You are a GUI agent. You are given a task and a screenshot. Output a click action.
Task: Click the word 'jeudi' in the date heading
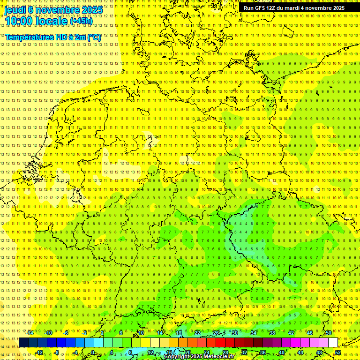(x=15, y=9)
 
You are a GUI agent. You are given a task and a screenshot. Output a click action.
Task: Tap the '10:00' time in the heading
(x=18, y=21)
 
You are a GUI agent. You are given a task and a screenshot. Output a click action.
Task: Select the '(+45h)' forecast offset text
(x=81, y=21)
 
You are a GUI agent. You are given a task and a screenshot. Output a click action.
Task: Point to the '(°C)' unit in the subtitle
(x=93, y=37)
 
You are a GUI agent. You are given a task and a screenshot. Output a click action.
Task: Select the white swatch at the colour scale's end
(x=333, y=342)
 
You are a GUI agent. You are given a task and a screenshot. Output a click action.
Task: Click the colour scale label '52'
(x=338, y=352)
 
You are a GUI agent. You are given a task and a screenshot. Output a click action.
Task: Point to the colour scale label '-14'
(x=30, y=333)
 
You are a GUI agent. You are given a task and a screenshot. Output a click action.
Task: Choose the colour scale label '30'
(x=234, y=333)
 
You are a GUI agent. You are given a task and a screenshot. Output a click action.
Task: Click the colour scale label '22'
(x=197, y=333)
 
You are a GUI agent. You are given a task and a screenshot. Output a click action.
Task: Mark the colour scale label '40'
(x=281, y=352)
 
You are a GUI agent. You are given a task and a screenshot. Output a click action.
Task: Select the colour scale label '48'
(x=319, y=352)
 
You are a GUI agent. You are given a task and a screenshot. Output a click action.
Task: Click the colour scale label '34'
(x=253, y=333)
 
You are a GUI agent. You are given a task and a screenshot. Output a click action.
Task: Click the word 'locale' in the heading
(x=50, y=21)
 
